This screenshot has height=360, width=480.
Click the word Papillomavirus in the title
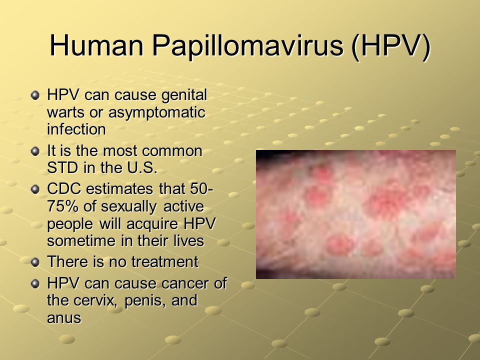247,46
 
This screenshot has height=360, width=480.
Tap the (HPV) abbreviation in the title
391,46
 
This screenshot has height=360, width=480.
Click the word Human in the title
96,45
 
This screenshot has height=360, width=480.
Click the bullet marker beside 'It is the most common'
35,151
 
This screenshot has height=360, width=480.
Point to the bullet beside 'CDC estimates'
35,189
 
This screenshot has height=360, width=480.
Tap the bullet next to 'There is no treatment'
35,262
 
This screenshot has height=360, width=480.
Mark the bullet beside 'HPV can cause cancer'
35,284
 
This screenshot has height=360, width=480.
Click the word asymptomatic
156,112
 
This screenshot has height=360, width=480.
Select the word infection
76,129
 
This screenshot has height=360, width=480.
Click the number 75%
63,206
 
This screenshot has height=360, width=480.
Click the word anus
64,318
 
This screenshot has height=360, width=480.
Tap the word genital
184,95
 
